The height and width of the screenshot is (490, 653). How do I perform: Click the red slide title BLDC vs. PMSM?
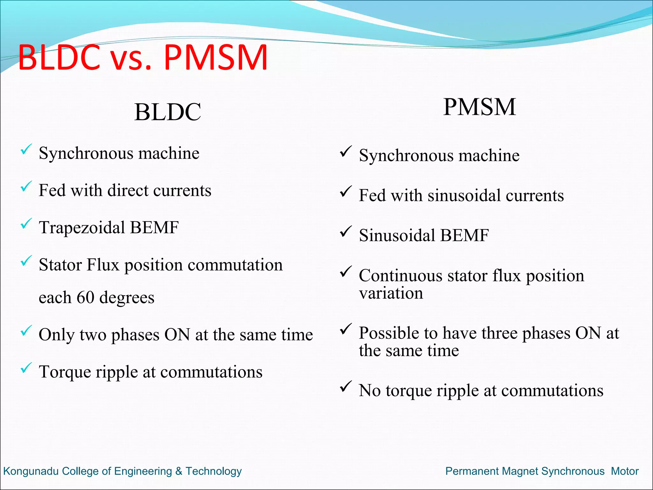pyautogui.click(x=143, y=57)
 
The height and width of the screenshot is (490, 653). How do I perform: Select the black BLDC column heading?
pyautogui.click(x=168, y=112)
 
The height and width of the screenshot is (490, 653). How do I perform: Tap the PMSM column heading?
pyautogui.click(x=480, y=107)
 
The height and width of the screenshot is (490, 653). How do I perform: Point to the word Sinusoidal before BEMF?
pyautogui.click(x=397, y=235)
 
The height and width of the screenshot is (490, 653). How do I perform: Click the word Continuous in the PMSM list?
pyautogui.click(x=400, y=276)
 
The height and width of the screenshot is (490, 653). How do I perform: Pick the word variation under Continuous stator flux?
pyautogui.click(x=391, y=293)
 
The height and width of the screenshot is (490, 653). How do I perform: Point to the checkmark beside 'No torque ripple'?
pyautogui.click(x=346, y=386)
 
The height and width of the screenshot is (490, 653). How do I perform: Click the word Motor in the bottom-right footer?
pyautogui.click(x=625, y=471)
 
